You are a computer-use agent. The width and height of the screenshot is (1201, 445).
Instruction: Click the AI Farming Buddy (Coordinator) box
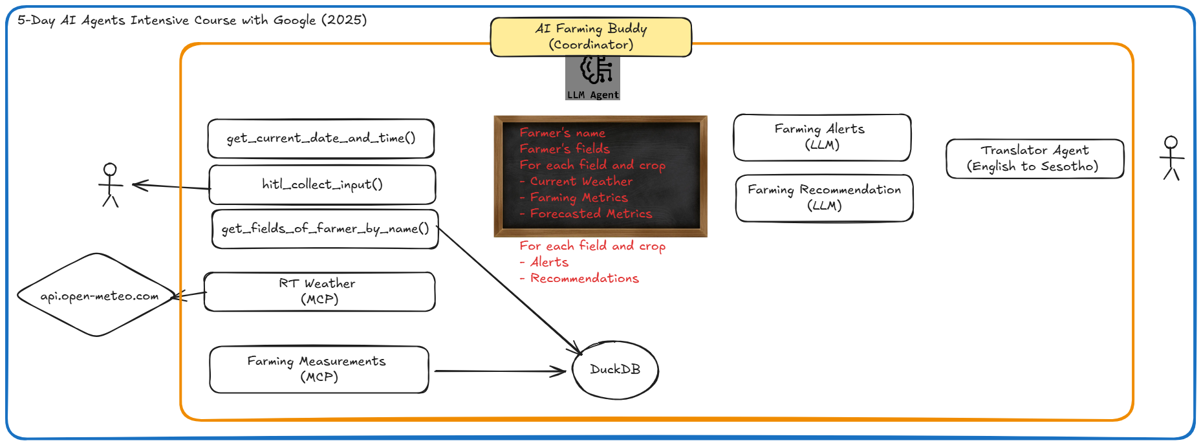click(590, 37)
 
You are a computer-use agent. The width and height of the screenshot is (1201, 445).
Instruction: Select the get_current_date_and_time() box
click(321, 138)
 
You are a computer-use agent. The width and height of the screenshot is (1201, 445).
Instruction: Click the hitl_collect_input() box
click(322, 185)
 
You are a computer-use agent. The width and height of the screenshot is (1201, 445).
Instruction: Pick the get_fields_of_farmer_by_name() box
click(325, 229)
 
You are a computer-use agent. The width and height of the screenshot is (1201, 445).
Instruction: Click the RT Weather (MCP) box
click(319, 292)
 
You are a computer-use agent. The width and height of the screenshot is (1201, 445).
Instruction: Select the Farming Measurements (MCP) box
click(318, 369)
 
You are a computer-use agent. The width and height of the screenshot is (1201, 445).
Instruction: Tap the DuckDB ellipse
click(615, 370)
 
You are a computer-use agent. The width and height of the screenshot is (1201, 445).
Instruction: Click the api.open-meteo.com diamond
click(97, 296)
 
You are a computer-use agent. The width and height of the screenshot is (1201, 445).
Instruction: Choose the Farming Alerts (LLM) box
click(821, 137)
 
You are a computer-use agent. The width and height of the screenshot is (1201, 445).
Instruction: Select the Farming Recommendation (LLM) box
click(824, 198)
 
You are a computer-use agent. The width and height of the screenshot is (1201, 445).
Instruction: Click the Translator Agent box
click(1034, 158)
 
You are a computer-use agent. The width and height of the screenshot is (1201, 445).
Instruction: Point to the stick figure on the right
click(1171, 158)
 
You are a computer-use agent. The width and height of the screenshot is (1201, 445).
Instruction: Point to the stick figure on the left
click(111, 185)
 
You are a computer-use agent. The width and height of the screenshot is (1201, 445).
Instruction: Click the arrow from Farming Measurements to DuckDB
click(498, 371)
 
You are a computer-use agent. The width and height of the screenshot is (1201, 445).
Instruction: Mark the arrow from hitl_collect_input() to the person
click(171, 186)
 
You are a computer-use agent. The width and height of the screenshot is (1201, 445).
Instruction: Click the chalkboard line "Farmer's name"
click(562, 133)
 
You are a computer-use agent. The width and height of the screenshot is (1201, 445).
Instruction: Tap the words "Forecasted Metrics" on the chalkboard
click(590, 213)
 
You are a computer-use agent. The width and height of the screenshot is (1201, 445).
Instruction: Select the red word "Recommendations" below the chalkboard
click(584, 278)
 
